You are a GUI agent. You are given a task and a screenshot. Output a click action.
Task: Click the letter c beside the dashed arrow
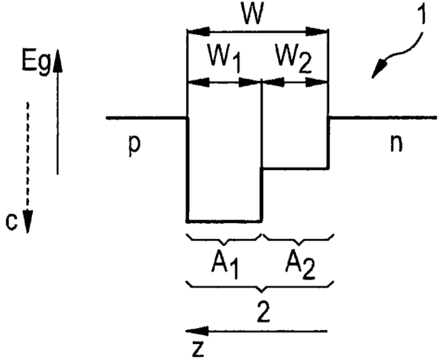click(11, 222)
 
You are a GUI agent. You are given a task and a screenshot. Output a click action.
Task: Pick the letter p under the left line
click(134, 146)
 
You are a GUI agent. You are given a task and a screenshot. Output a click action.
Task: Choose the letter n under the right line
click(396, 144)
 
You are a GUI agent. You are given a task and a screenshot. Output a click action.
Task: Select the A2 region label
click(300, 266)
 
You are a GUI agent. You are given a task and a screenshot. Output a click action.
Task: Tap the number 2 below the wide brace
click(264, 311)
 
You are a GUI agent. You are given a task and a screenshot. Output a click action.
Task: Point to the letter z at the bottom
click(198, 349)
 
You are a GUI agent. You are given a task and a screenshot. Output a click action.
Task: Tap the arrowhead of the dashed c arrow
click(27, 222)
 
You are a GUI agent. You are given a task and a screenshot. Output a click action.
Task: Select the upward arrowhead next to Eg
click(58, 61)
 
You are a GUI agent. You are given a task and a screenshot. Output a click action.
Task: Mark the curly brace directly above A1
click(224, 239)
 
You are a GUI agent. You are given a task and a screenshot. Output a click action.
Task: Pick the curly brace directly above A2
click(298, 239)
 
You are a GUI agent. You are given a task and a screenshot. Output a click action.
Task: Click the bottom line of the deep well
click(224, 221)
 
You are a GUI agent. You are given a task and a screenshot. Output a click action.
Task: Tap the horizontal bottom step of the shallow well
click(296, 169)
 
